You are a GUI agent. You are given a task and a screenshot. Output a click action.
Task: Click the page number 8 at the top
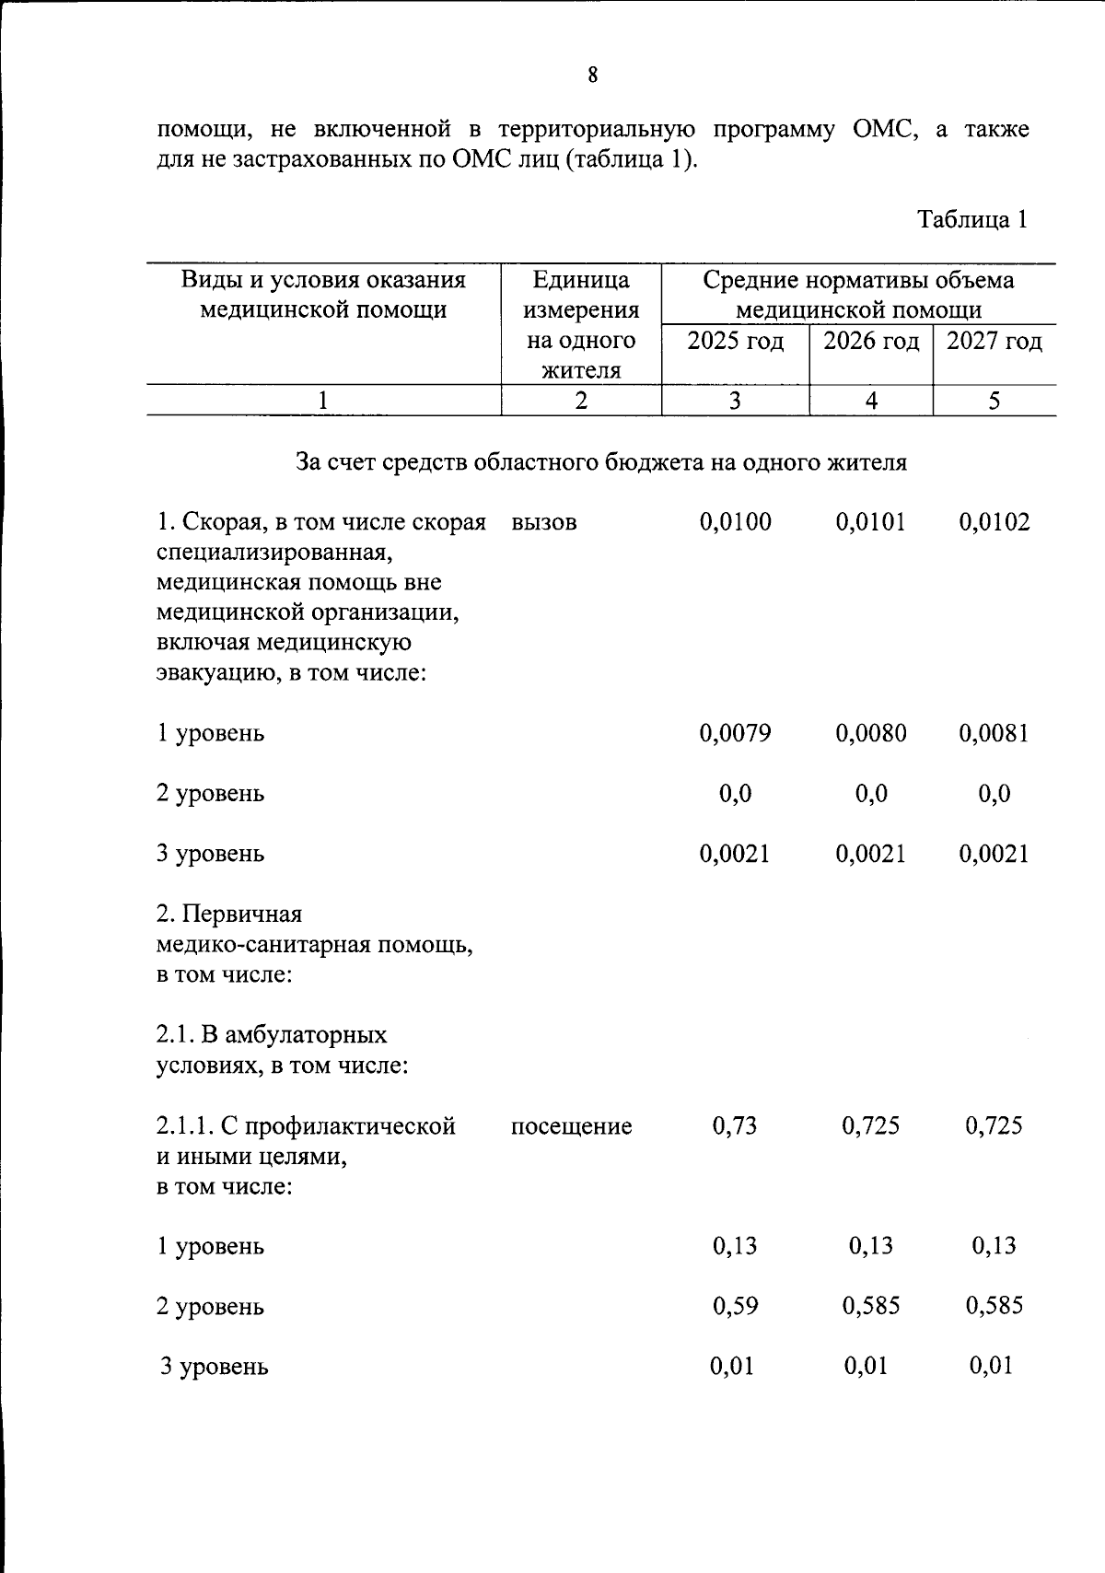click(592, 76)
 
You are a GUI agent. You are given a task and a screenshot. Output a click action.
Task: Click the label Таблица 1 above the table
click(971, 219)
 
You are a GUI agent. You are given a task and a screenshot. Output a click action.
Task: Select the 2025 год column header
click(735, 342)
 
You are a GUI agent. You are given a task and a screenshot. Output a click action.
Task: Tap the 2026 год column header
click(870, 342)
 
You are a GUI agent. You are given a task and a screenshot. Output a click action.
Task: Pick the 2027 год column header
click(994, 342)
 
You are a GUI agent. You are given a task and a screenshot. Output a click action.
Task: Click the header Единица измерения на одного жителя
click(581, 324)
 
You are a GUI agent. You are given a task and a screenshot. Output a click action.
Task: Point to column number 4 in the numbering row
click(870, 401)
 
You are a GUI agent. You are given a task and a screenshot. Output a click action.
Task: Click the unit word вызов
click(543, 522)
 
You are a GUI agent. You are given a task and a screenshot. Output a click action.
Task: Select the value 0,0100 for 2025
click(735, 522)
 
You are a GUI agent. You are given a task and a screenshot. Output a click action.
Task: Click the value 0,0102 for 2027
click(994, 522)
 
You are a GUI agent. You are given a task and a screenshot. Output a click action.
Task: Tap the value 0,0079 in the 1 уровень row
click(735, 733)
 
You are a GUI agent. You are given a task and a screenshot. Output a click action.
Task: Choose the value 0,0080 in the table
click(870, 733)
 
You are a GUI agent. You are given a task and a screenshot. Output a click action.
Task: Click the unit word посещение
click(571, 1126)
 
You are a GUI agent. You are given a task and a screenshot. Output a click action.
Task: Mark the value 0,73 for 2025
click(735, 1125)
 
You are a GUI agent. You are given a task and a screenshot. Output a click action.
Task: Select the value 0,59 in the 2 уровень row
click(735, 1306)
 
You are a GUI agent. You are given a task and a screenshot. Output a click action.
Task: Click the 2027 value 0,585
click(994, 1306)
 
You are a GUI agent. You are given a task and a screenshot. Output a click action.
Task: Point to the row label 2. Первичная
click(229, 914)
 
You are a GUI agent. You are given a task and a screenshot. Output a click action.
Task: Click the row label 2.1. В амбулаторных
click(272, 1035)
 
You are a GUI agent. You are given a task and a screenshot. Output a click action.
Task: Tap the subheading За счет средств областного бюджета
click(600, 461)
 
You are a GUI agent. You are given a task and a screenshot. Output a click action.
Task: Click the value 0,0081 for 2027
click(994, 733)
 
